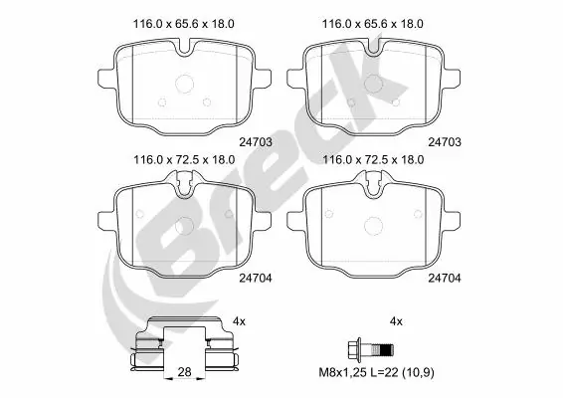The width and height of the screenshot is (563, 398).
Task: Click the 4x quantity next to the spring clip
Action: [239, 321]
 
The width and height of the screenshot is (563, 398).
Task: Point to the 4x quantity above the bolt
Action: [397, 321]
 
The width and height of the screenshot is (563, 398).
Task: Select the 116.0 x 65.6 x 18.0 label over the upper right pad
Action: [373, 23]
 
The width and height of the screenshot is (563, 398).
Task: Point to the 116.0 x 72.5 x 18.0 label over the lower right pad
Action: [373, 159]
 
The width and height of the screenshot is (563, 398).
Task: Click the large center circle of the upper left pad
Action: [183, 88]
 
